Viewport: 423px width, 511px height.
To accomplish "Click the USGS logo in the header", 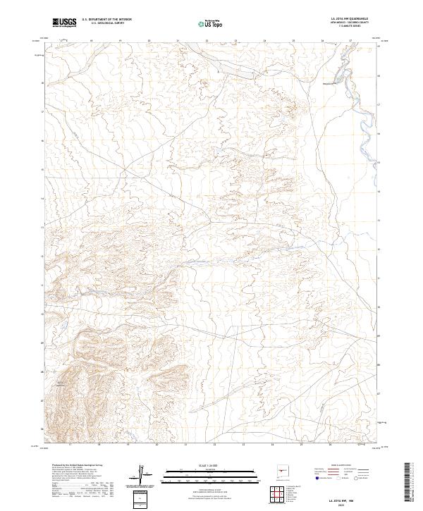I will (64, 23).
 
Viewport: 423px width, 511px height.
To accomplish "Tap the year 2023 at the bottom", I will (351, 503).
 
